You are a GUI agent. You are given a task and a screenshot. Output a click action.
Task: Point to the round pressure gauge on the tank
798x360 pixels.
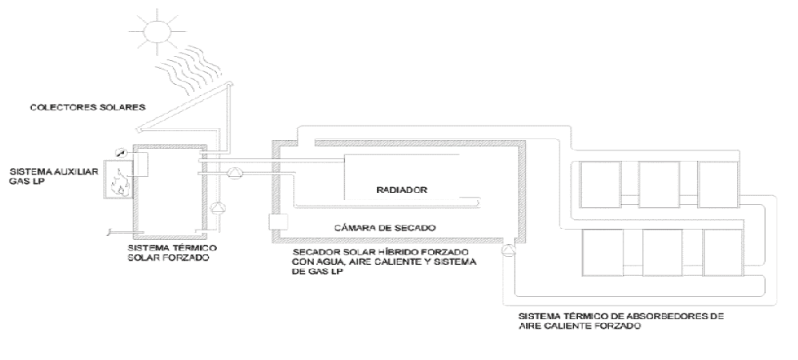tap(120, 152)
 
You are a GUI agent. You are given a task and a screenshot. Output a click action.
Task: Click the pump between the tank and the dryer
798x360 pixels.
tap(235, 171)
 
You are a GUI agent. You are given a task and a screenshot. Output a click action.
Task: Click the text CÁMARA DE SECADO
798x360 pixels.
tap(376, 226)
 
